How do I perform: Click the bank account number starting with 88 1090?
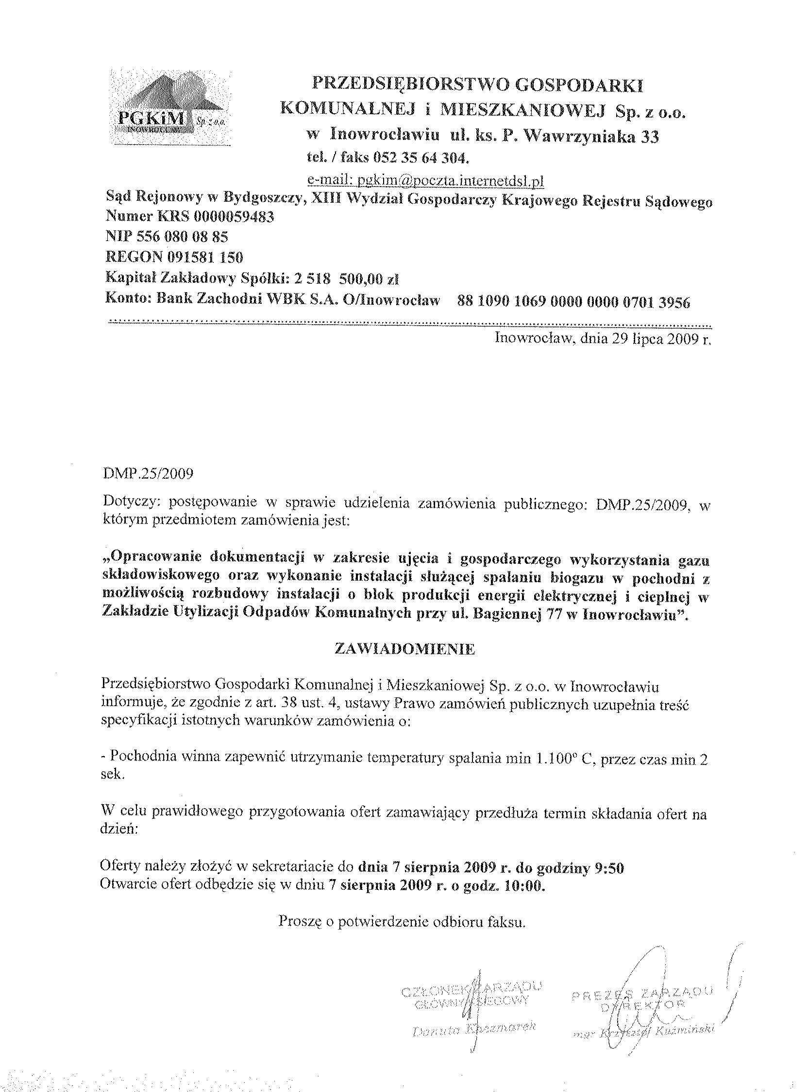(573, 302)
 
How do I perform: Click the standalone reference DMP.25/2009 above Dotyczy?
(148, 474)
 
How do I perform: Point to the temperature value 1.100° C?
(564, 758)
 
